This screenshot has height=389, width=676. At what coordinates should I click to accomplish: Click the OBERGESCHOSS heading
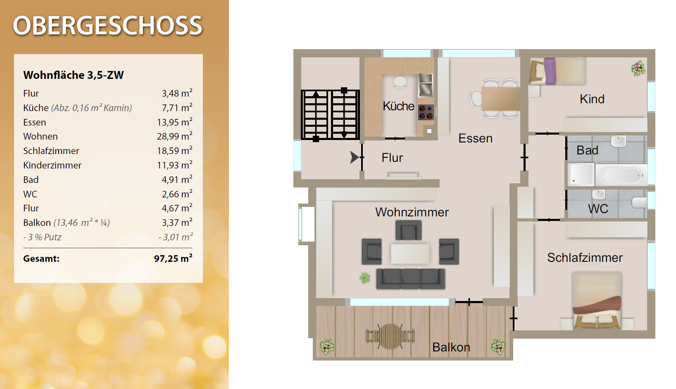coord(107,26)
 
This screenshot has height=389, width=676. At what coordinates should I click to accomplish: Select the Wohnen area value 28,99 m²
coord(175,136)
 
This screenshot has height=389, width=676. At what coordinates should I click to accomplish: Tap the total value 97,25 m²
coord(173,259)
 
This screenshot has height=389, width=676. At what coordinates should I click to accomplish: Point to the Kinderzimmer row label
coord(52,165)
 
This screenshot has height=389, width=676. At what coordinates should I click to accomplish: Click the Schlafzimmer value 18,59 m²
coord(175,151)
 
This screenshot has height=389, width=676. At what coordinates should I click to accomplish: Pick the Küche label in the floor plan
coord(398,106)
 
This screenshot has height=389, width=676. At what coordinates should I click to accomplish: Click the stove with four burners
coord(426,112)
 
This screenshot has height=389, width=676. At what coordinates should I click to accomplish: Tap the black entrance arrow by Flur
coord(354,157)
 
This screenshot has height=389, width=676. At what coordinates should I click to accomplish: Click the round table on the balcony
coord(390,336)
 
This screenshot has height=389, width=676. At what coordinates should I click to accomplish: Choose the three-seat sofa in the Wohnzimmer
coord(410,279)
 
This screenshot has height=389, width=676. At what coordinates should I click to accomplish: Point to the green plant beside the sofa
coord(365,278)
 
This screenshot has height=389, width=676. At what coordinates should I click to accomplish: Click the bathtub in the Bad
coord(621,175)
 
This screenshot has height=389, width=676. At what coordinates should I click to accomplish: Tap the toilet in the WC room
coord(639,202)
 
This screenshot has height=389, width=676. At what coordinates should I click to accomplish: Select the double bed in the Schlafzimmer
coord(597,300)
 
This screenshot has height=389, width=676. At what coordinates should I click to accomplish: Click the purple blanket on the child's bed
coord(550,71)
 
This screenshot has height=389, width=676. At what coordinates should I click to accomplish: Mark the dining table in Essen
coord(501,99)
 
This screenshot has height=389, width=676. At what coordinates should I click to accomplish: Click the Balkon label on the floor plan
coord(451,347)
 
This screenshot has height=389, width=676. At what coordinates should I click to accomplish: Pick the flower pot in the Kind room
coord(638,69)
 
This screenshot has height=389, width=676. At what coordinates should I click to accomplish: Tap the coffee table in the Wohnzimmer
coord(410,254)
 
